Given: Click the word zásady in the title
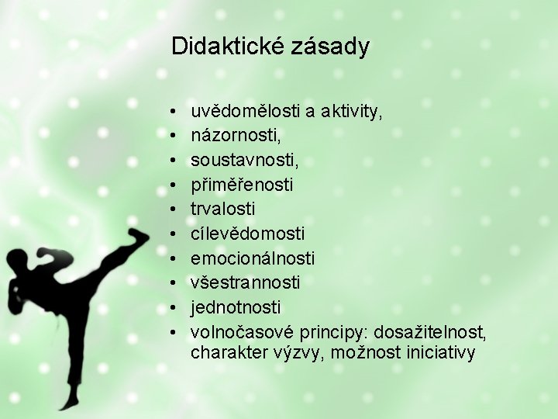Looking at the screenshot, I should pyautogui.click(x=331, y=47).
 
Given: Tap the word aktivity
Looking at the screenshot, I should pyautogui.click(x=353, y=113).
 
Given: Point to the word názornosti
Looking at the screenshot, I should pyautogui.click(x=236, y=137).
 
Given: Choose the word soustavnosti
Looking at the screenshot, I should pyautogui.click(x=244, y=161).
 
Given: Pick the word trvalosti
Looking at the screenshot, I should pyautogui.click(x=223, y=209).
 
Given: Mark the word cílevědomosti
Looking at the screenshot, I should pyautogui.click(x=248, y=234).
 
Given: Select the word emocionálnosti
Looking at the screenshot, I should pyautogui.click(x=253, y=258).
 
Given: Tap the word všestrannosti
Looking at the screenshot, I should pyautogui.click(x=246, y=282).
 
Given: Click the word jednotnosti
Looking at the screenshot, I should pyautogui.click(x=236, y=306).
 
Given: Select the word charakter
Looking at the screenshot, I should pyautogui.click(x=227, y=354).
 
